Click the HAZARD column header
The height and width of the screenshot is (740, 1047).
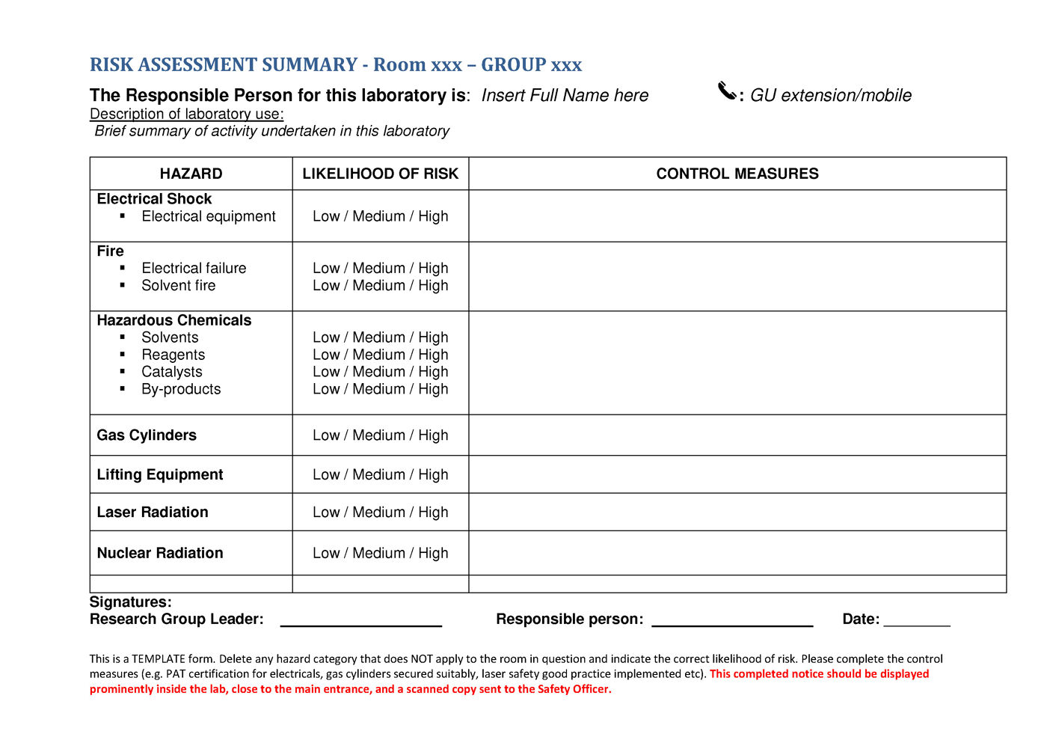[x=191, y=174]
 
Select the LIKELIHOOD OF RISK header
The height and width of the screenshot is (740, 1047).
[x=380, y=174]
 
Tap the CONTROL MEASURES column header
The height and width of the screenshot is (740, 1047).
[x=737, y=174]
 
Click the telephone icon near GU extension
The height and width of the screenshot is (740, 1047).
[x=727, y=91]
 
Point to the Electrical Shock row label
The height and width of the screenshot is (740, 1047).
[x=154, y=199]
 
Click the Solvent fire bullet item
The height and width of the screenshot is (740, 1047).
[x=178, y=286]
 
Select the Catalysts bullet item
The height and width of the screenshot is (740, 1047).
[x=171, y=372]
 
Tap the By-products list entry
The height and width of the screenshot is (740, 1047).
[x=181, y=389]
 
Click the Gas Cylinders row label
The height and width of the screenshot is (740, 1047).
[x=147, y=435]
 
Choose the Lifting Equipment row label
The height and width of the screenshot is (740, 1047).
[x=160, y=475]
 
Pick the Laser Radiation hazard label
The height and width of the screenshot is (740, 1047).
[x=153, y=513]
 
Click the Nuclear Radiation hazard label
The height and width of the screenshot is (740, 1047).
[x=160, y=553]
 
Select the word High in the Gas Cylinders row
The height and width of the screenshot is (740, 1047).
[x=433, y=435]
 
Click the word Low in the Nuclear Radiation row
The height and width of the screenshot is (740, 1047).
[x=326, y=553]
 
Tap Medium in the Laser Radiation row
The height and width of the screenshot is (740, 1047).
[x=378, y=513]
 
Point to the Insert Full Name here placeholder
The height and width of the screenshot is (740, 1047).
[x=565, y=96]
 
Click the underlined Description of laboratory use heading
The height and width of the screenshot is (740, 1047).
[x=186, y=114]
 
